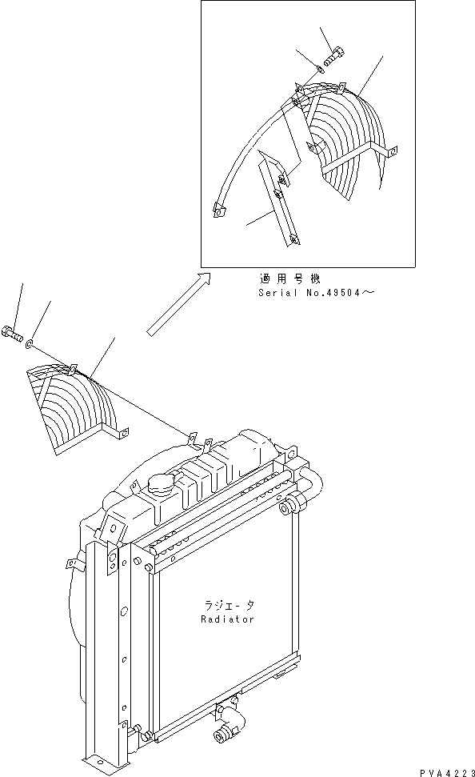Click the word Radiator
pos(228,619)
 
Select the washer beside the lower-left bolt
pos(30,344)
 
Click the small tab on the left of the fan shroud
pos(73,563)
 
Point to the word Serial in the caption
pos(274,293)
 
